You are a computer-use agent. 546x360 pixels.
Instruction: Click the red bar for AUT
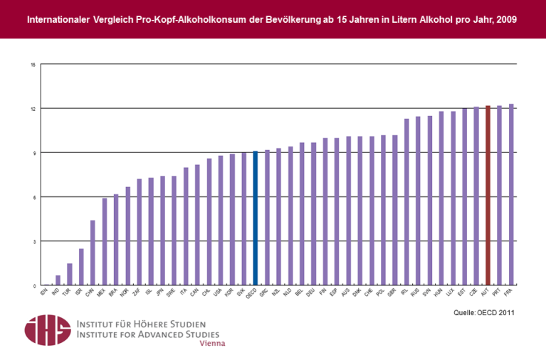(488, 195)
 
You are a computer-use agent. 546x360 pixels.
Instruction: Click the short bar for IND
(58, 280)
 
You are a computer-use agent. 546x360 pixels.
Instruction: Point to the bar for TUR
(70, 274)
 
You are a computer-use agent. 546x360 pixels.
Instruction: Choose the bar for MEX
(105, 242)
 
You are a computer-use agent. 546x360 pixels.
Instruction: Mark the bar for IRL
(406, 202)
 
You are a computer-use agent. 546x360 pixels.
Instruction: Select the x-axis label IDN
(43, 292)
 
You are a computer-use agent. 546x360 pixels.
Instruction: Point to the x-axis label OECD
(251, 294)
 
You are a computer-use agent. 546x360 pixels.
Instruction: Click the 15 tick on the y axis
(33, 65)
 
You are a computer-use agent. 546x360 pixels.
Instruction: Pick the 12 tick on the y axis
(33, 109)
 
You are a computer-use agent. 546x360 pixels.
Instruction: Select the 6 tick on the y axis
(33, 197)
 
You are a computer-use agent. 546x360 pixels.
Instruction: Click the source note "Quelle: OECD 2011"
(483, 312)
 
